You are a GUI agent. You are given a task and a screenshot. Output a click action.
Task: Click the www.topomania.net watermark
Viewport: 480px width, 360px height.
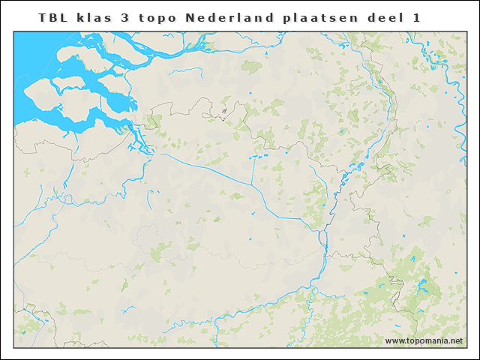[424, 341]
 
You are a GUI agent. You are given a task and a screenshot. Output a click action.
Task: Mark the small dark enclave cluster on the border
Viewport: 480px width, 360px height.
[223, 113]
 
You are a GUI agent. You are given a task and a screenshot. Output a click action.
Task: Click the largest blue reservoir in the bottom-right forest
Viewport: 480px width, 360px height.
[422, 285]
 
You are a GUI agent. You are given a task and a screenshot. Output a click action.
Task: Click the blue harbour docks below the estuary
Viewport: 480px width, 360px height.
[139, 142]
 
